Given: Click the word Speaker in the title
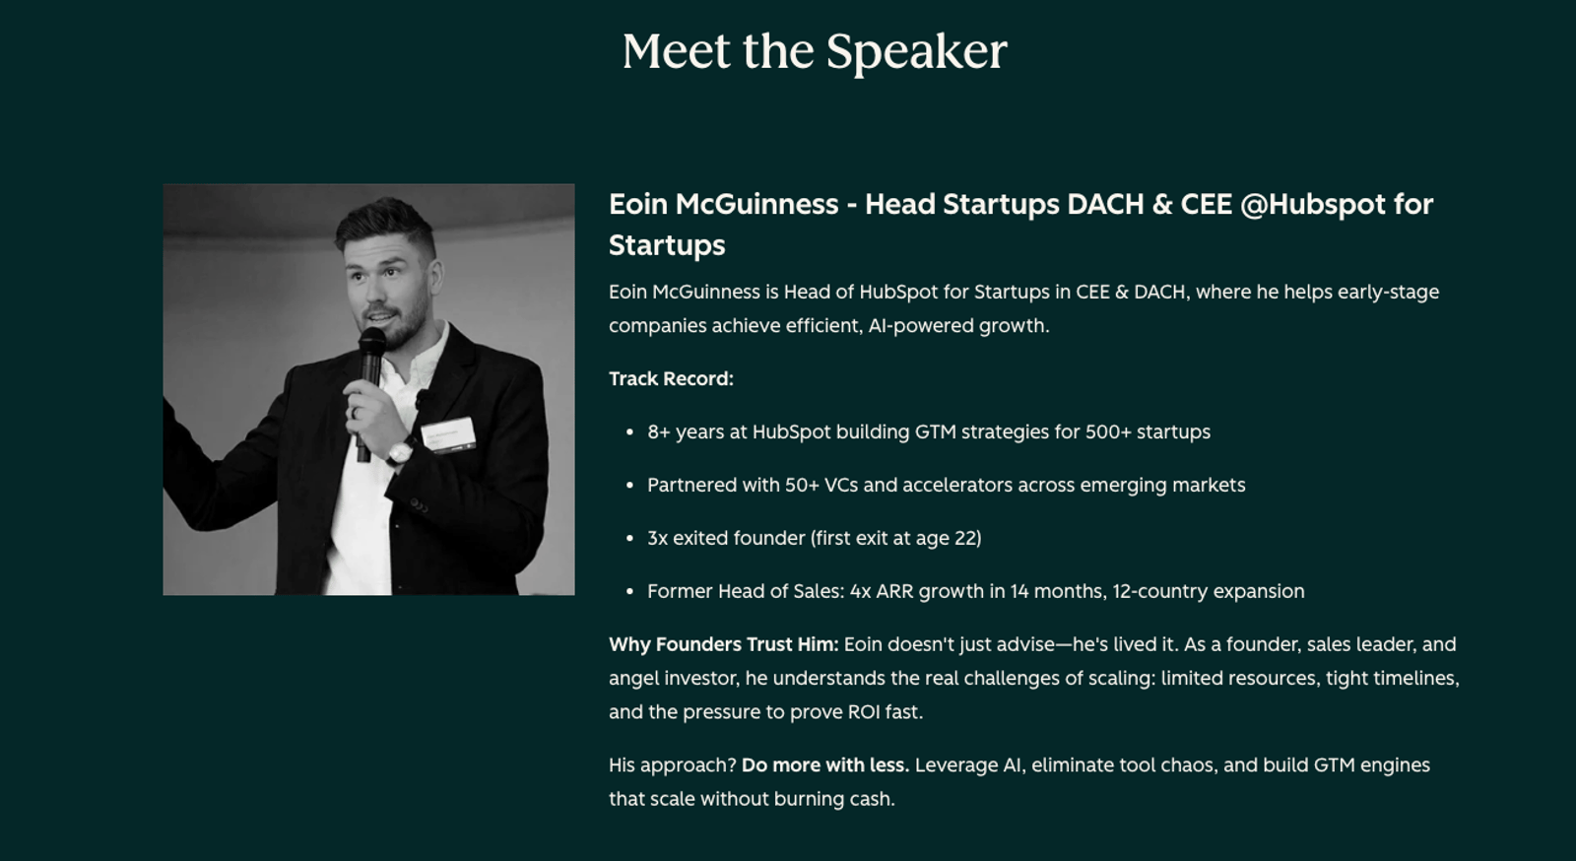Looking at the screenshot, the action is pyautogui.click(x=917, y=52).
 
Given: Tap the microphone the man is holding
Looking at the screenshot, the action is pyautogui.click(x=368, y=391).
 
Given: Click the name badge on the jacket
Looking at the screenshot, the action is pyautogui.click(x=448, y=434).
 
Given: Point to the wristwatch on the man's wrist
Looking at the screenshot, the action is pyautogui.click(x=400, y=451).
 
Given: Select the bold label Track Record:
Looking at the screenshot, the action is pyautogui.click(x=671, y=379).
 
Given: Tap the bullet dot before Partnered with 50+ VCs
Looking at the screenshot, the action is pyautogui.click(x=629, y=486).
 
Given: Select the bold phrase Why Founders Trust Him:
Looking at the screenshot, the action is pyautogui.click(x=723, y=644).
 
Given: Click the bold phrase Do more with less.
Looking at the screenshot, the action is pyautogui.click(x=825, y=765).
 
